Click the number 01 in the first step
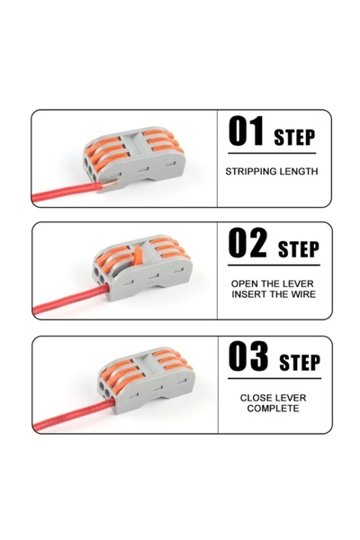pyautogui.click(x=246, y=131)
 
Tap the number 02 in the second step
pyautogui.click(x=247, y=242)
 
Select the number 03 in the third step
pyautogui.click(x=248, y=356)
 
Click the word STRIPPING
pyautogui.click(x=247, y=171)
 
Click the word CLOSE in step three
pyautogui.click(x=255, y=398)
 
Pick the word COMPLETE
pyautogui.click(x=273, y=409)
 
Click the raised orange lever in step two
pyautogui.click(x=138, y=256)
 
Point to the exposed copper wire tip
pyautogui.click(x=110, y=183)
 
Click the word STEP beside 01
pyautogui.click(x=294, y=138)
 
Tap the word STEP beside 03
pyautogui.click(x=300, y=363)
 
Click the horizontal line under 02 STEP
pyautogui.click(x=274, y=265)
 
